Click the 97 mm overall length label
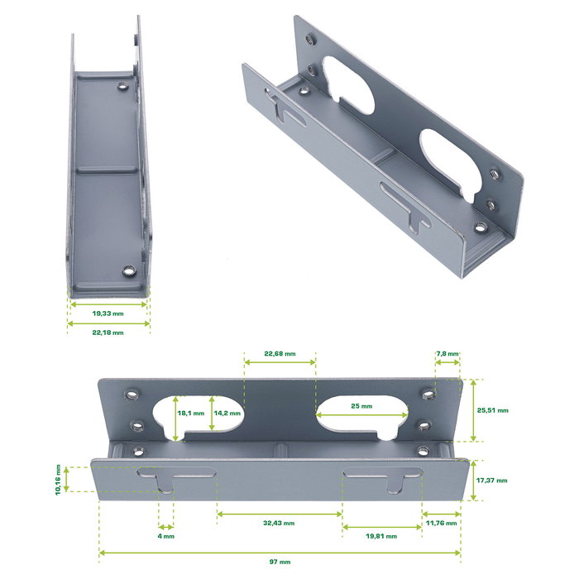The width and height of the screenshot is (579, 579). (x=280, y=562)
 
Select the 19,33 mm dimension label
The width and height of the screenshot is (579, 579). (x=108, y=314)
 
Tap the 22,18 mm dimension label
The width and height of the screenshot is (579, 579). (x=108, y=333)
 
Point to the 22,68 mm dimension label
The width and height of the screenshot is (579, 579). (x=280, y=354)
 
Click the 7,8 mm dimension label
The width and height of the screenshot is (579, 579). (x=447, y=354)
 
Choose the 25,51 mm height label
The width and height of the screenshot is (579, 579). (x=493, y=409)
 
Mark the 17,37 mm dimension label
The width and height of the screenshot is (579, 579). (x=493, y=481)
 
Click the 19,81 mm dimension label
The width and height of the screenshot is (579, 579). (x=380, y=536)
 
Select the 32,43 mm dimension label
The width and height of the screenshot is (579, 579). (x=279, y=523)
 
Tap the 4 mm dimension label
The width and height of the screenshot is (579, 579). (x=165, y=536)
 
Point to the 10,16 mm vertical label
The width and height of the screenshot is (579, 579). (x=58, y=479)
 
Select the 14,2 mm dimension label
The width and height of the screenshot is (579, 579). (x=227, y=414)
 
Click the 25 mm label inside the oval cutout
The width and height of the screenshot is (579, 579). (x=361, y=406)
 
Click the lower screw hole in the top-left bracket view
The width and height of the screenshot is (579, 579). (x=128, y=270)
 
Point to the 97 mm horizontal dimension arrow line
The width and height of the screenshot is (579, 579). (x=280, y=552)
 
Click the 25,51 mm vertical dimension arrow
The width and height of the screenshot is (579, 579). (x=472, y=409)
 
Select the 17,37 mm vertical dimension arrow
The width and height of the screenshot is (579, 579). (x=472, y=481)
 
